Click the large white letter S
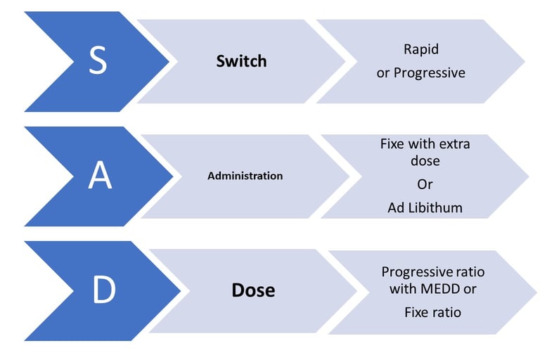(x=98, y=60)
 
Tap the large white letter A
(x=100, y=175)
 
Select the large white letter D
(x=104, y=290)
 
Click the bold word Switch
(x=241, y=61)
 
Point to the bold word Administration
(x=245, y=176)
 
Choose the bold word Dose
(x=253, y=290)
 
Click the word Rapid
(x=421, y=50)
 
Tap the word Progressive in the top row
(x=430, y=73)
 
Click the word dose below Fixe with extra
(x=425, y=160)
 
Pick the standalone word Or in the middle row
(x=425, y=184)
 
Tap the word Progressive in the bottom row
(x=417, y=272)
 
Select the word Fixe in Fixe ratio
(x=416, y=312)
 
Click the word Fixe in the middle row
(x=391, y=143)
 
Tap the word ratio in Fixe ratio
(x=446, y=312)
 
